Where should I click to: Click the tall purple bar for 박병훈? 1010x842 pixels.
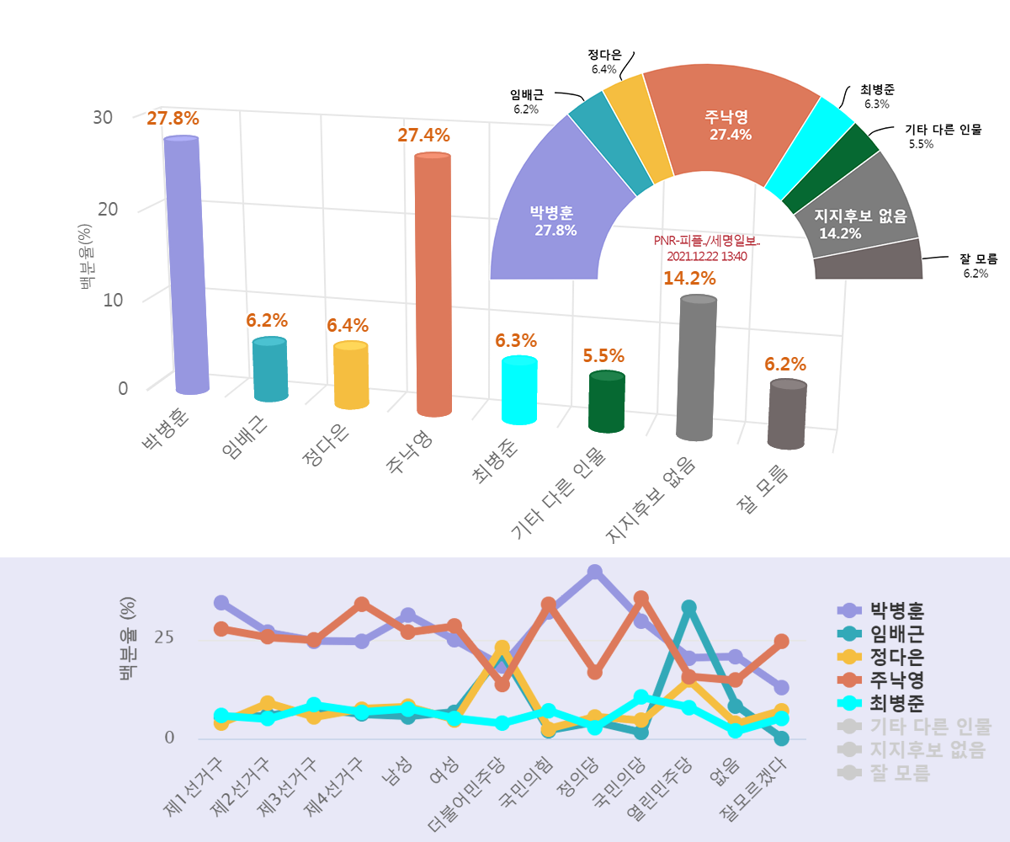183,265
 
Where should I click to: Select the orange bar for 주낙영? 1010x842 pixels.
433,286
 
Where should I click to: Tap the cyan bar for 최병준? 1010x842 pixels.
519,390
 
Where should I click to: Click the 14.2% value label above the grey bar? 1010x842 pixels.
689,278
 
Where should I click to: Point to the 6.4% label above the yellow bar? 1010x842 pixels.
348,326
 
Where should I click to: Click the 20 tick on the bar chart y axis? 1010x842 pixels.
108,209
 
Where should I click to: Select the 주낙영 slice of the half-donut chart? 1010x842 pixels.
729,125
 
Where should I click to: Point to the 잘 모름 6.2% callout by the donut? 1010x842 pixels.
977,265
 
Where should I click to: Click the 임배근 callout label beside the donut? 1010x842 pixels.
527,101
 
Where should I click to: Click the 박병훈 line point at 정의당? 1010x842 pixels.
594,573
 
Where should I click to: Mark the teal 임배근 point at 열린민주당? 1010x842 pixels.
688,607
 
